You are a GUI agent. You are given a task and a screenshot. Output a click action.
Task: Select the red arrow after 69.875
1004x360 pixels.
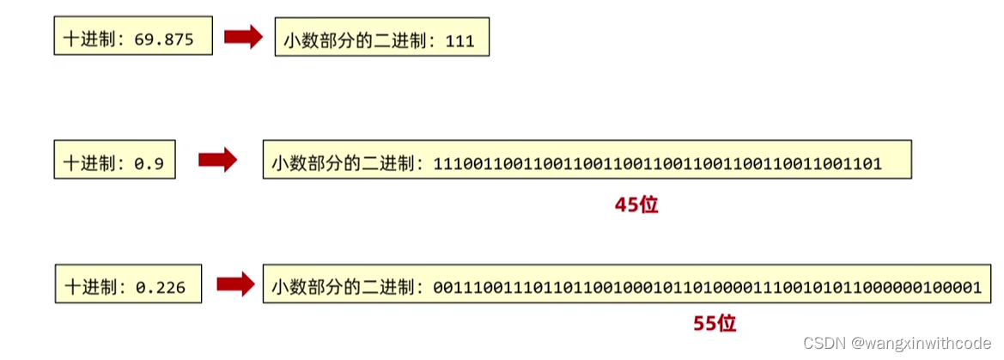243,38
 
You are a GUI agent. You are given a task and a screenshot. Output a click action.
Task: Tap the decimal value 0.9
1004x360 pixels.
149,163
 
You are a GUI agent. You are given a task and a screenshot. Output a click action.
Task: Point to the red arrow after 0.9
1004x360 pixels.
217,160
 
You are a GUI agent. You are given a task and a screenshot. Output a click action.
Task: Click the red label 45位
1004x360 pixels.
636,205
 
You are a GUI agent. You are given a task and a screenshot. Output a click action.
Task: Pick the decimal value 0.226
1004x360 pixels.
160,288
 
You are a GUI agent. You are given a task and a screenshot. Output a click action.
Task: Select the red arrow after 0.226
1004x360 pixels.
235,285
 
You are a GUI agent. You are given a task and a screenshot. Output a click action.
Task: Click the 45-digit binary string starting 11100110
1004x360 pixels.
658,163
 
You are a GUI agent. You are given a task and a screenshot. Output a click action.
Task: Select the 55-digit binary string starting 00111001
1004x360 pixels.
707,288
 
